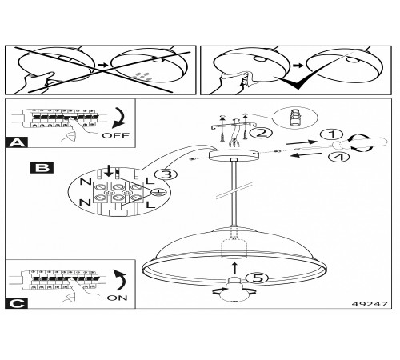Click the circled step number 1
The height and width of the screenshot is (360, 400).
[x=332, y=134]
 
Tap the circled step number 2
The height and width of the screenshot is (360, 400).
[x=261, y=133]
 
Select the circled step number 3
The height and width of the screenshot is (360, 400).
[x=166, y=175]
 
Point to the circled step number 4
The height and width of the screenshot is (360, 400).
[x=339, y=156]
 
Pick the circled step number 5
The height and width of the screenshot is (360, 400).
[x=258, y=278]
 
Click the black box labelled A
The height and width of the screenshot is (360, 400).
[x=17, y=142]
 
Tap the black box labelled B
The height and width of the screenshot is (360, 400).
[x=42, y=168]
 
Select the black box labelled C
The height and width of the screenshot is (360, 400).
[x=17, y=304]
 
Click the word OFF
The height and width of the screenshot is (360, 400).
[x=116, y=135]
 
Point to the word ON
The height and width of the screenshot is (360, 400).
[x=117, y=298]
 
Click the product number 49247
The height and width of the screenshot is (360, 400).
[x=370, y=304]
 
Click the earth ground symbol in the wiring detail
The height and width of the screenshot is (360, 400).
[x=158, y=192]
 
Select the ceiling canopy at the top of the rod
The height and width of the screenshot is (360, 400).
[x=234, y=155]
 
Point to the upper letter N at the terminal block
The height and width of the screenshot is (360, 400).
[x=86, y=182]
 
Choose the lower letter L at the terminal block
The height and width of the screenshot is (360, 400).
[x=150, y=205]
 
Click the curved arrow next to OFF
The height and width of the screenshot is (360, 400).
[x=118, y=118]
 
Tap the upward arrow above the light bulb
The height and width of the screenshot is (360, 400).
[x=234, y=269]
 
